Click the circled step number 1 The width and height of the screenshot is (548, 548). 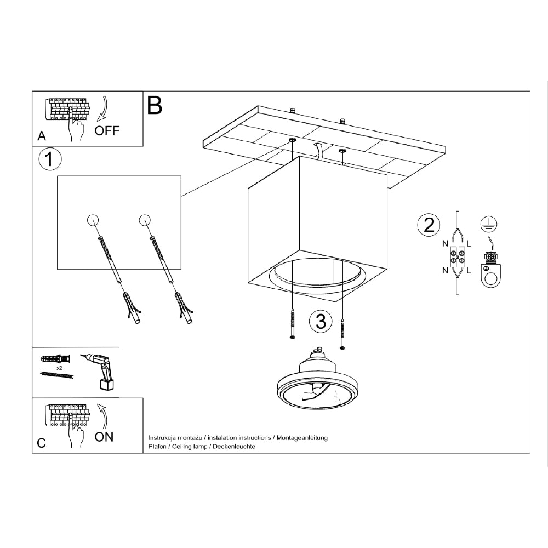click(50, 160)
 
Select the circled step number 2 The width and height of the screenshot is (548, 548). click(429, 225)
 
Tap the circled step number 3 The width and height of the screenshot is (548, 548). click(321, 321)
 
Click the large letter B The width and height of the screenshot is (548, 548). click(155, 105)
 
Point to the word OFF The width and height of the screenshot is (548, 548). click(106, 131)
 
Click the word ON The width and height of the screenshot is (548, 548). click(105, 437)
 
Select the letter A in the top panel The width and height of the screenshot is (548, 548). click(42, 136)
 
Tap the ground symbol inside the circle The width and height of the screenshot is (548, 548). click(485, 223)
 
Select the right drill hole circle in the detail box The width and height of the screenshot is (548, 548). click(145, 220)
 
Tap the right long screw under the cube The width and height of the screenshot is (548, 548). click(343, 332)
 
